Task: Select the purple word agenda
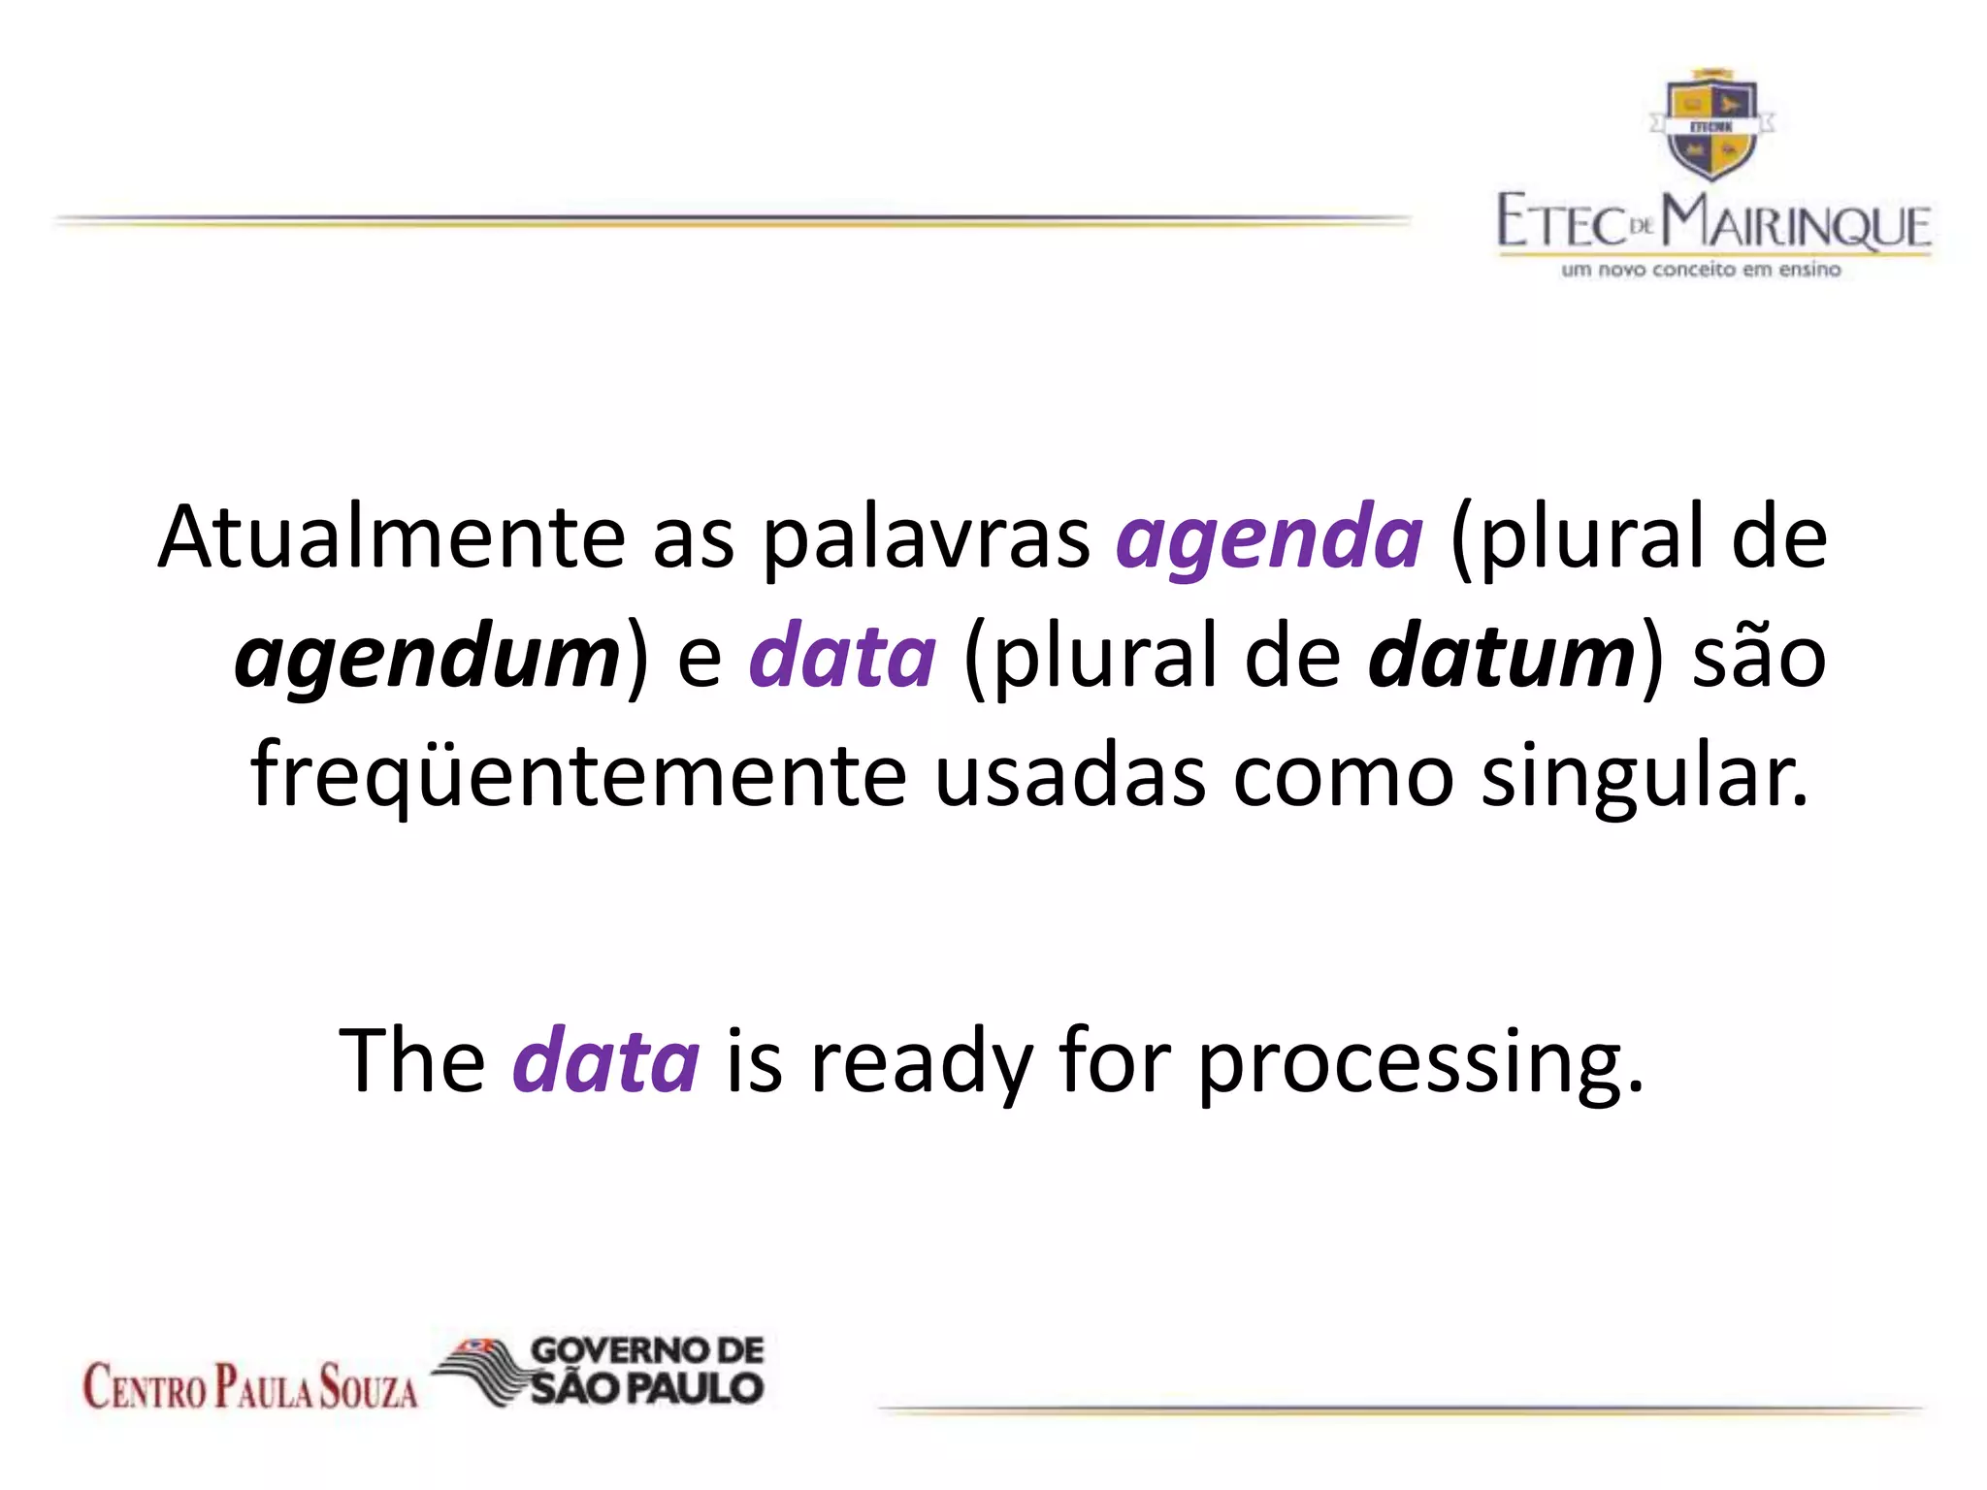1269,539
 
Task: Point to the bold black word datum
1502,657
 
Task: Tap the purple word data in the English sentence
605,1059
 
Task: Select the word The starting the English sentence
412,1059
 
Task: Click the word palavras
926,539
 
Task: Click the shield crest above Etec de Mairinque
1711,126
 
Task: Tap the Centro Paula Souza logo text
250,1385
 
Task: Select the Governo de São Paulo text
647,1370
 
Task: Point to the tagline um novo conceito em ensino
1700,270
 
